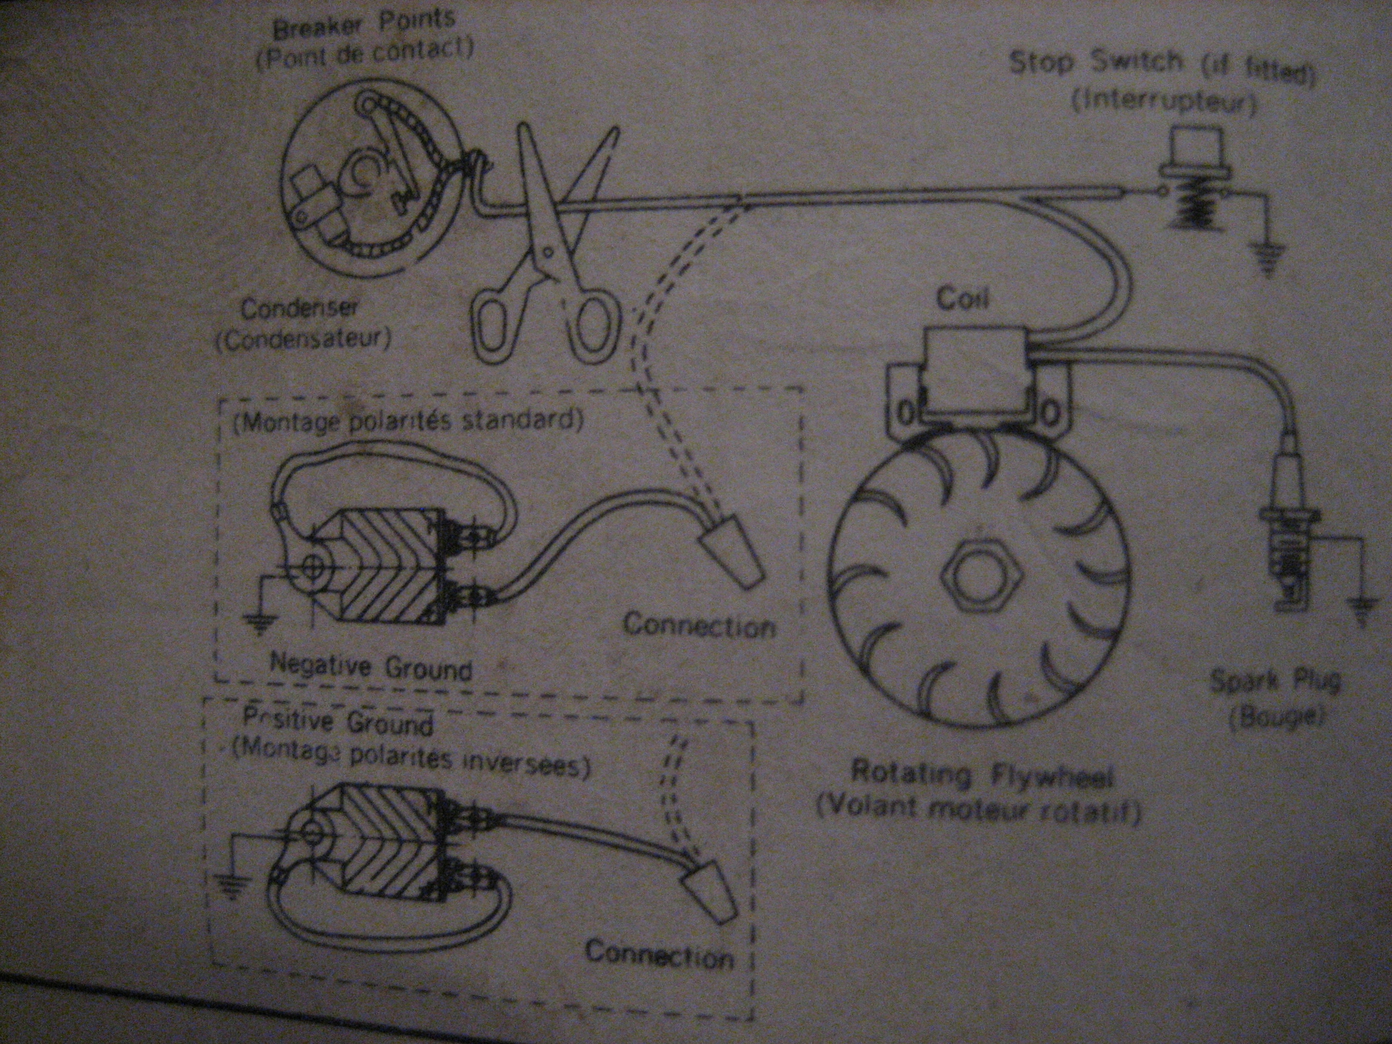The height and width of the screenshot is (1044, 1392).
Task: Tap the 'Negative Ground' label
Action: tap(371, 666)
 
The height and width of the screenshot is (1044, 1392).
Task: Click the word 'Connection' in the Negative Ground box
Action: tap(699, 626)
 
